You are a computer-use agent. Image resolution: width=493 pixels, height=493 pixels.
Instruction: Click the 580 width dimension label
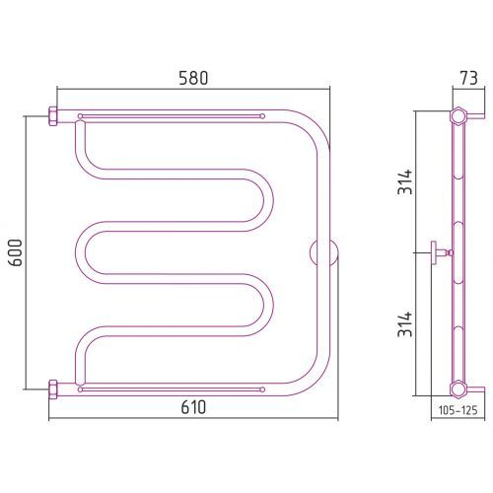point(193,79)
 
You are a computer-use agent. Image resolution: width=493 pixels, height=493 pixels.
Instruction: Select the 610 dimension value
point(193,407)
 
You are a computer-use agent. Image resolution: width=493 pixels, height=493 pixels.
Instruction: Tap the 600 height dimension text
point(16,252)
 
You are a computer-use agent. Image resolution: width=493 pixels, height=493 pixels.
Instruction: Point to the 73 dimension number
point(468,79)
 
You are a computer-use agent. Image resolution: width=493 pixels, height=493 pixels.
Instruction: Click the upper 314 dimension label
point(404,181)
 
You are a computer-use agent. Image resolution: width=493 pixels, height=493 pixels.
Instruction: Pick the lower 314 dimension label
point(404,324)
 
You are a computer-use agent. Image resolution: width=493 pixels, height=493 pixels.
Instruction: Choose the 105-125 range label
point(458,410)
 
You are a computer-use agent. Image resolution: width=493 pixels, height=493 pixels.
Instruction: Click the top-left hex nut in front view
point(53,116)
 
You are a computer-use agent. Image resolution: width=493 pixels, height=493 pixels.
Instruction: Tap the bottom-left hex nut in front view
point(53,389)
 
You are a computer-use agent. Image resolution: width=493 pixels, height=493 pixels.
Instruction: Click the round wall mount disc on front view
point(323,252)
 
